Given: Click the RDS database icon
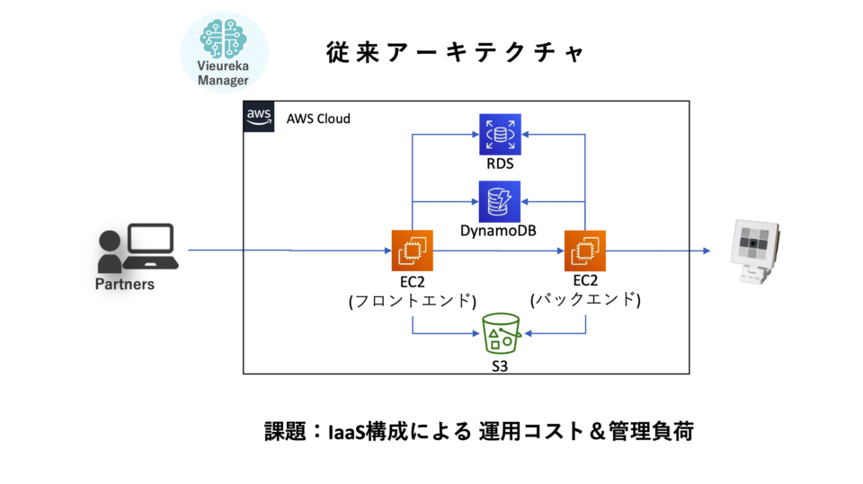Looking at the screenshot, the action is click(500, 135).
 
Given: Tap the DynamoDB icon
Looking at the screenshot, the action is click(500, 202).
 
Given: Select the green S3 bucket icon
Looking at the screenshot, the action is click(501, 334).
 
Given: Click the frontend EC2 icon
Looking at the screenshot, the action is click(413, 251).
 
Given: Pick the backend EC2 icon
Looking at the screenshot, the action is click(585, 251).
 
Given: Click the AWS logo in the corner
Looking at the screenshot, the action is click(259, 117).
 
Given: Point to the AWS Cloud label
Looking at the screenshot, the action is click(318, 119).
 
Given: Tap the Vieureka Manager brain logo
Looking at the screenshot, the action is click(224, 52).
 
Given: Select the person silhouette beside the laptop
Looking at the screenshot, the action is click(110, 251).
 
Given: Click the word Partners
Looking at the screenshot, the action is click(125, 285).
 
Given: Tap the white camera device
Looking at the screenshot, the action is click(754, 251).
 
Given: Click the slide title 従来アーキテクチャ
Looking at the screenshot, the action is click(455, 53).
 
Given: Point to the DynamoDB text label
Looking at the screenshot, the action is click(498, 231).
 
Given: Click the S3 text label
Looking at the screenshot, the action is click(500, 366).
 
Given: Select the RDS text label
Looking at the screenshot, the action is click(500, 164).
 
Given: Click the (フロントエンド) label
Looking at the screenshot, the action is click(413, 301).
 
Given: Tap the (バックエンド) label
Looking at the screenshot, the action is click(585, 300).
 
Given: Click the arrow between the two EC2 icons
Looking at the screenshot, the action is click(499, 251).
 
